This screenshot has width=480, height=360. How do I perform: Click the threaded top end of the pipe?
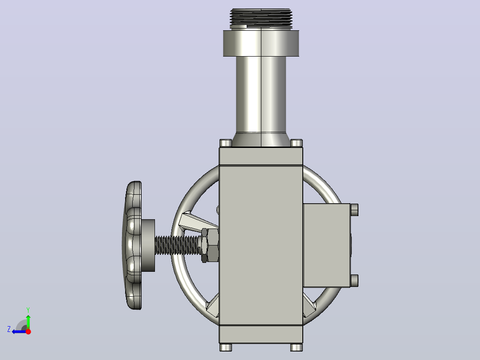click(261, 18)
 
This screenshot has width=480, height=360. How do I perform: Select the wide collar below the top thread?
click(261, 43)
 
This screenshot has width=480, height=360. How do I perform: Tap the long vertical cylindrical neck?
click(261, 94)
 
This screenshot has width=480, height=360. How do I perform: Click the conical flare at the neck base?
click(261, 140)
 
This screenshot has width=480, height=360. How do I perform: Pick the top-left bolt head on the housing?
click(226, 143)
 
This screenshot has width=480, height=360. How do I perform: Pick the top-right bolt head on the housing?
click(297, 143)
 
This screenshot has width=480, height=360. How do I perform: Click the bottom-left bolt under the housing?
click(226, 347)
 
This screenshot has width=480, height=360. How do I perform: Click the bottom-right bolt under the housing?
click(297, 347)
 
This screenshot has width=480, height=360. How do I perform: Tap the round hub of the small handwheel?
click(148, 245)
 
